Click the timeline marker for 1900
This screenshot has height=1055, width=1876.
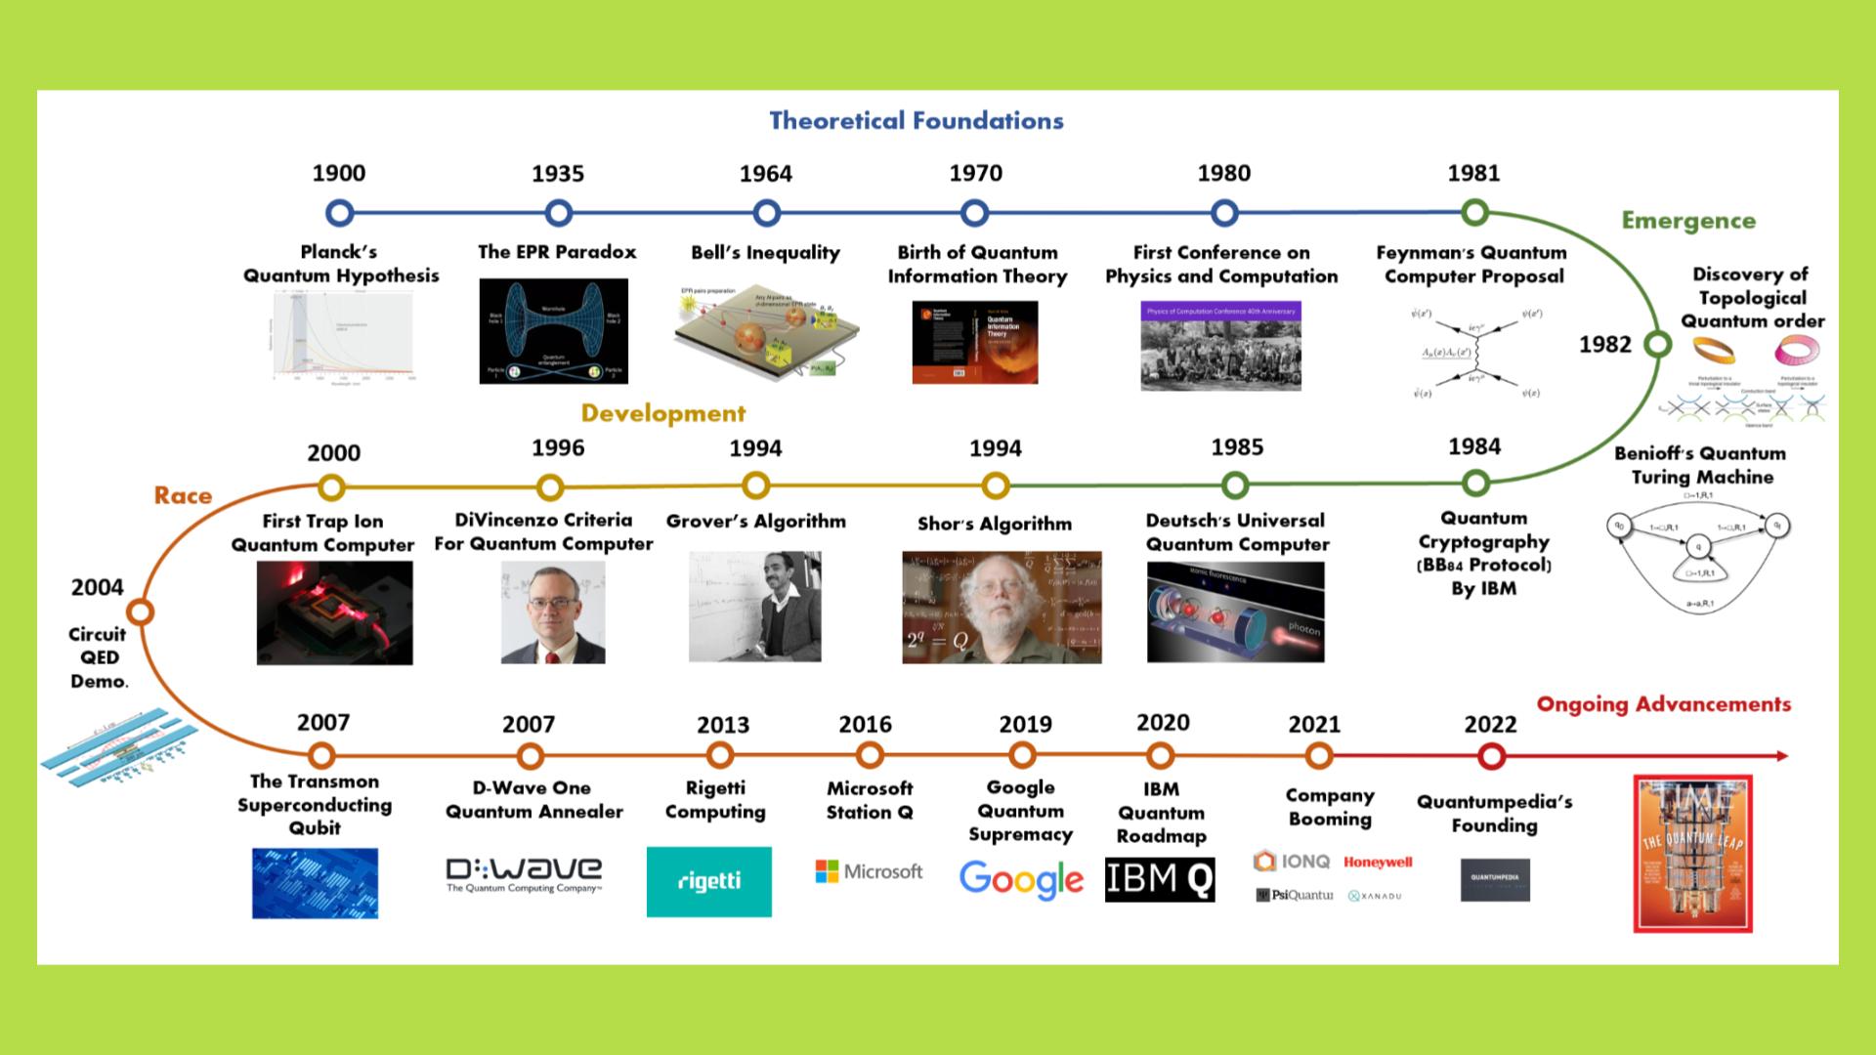click(339, 213)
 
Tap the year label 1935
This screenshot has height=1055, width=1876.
click(558, 174)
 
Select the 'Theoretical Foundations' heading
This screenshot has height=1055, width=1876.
click(916, 121)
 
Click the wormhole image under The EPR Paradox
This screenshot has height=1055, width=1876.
click(553, 331)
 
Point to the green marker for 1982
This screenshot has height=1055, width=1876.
click(1657, 345)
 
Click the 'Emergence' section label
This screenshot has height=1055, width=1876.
click(1688, 221)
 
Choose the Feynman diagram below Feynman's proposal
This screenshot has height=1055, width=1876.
click(1474, 353)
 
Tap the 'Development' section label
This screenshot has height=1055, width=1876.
click(663, 413)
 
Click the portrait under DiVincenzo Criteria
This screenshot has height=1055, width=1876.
click(553, 612)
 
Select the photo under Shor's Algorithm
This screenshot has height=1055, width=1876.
click(1002, 608)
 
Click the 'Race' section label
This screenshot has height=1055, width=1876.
click(183, 495)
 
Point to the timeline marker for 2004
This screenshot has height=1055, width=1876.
click(141, 612)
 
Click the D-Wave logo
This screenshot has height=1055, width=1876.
click(524, 874)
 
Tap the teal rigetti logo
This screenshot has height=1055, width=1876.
click(708, 881)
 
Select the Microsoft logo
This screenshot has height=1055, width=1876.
click(869, 871)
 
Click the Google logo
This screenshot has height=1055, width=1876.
click(1021, 879)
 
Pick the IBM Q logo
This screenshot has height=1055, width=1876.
click(1160, 879)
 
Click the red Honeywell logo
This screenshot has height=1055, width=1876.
click(1378, 863)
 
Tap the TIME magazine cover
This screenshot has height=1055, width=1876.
click(1692, 854)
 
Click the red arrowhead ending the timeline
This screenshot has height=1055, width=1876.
click(1782, 756)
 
